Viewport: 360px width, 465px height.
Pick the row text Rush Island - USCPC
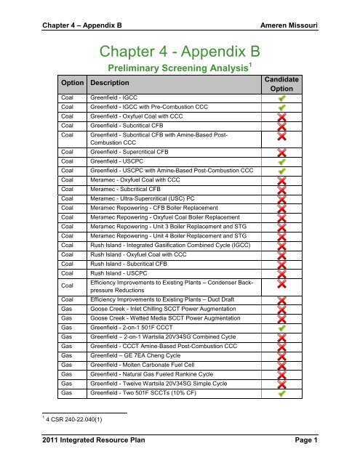click(x=114, y=272)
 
